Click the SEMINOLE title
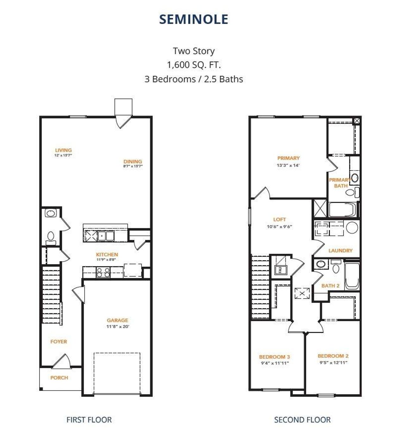[193, 19]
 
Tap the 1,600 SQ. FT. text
[194, 65]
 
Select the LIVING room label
[63, 150]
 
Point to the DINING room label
[133, 161]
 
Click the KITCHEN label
[107, 254]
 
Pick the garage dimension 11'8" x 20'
[118, 326]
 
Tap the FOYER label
[59, 342]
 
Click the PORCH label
[59, 378]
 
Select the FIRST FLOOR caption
[89, 420]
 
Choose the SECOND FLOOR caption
[302, 420]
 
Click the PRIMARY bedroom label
[288, 158]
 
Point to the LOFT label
[279, 219]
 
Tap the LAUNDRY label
[340, 251]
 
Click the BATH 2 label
[330, 286]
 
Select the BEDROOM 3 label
[274, 357]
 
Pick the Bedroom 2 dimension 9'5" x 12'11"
[333, 362]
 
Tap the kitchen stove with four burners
[103, 272]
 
